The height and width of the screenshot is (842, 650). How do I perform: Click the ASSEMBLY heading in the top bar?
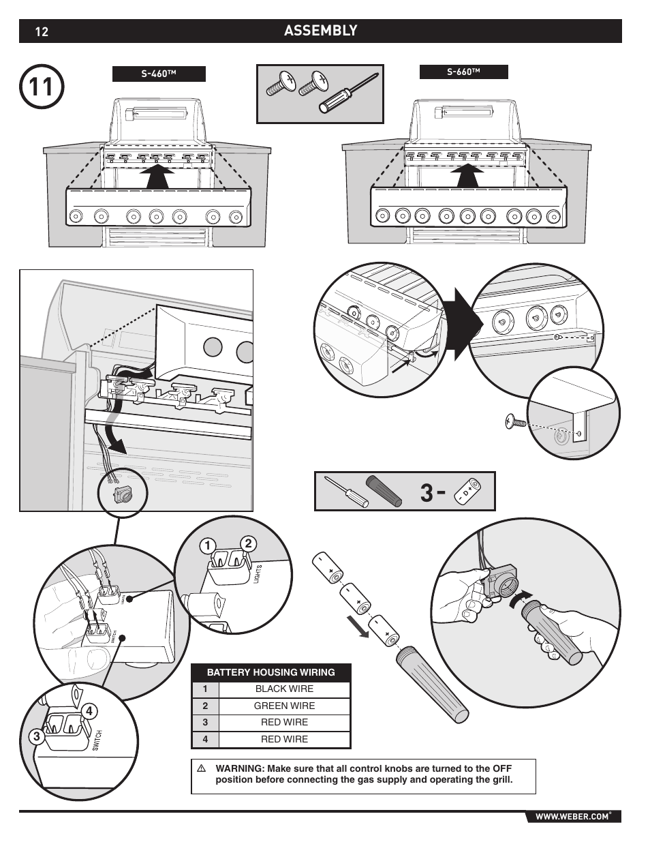click(x=320, y=31)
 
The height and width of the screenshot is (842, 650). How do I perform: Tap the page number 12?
click(x=42, y=31)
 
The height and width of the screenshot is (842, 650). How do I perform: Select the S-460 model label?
click(x=159, y=74)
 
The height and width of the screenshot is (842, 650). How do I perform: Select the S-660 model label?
click(x=463, y=72)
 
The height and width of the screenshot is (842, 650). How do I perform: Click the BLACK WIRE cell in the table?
click(x=284, y=689)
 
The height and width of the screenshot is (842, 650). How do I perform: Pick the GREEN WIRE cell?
click(x=284, y=706)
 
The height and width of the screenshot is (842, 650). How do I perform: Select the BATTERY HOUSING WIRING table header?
click(x=270, y=672)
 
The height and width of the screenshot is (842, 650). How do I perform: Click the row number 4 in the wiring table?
click(x=204, y=739)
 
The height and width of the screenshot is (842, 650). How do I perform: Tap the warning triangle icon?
click(x=202, y=768)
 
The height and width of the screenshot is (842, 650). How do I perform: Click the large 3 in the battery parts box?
click(x=427, y=492)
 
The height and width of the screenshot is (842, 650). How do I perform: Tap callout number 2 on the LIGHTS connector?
click(x=249, y=543)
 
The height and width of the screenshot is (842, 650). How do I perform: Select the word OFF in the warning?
click(x=501, y=768)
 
